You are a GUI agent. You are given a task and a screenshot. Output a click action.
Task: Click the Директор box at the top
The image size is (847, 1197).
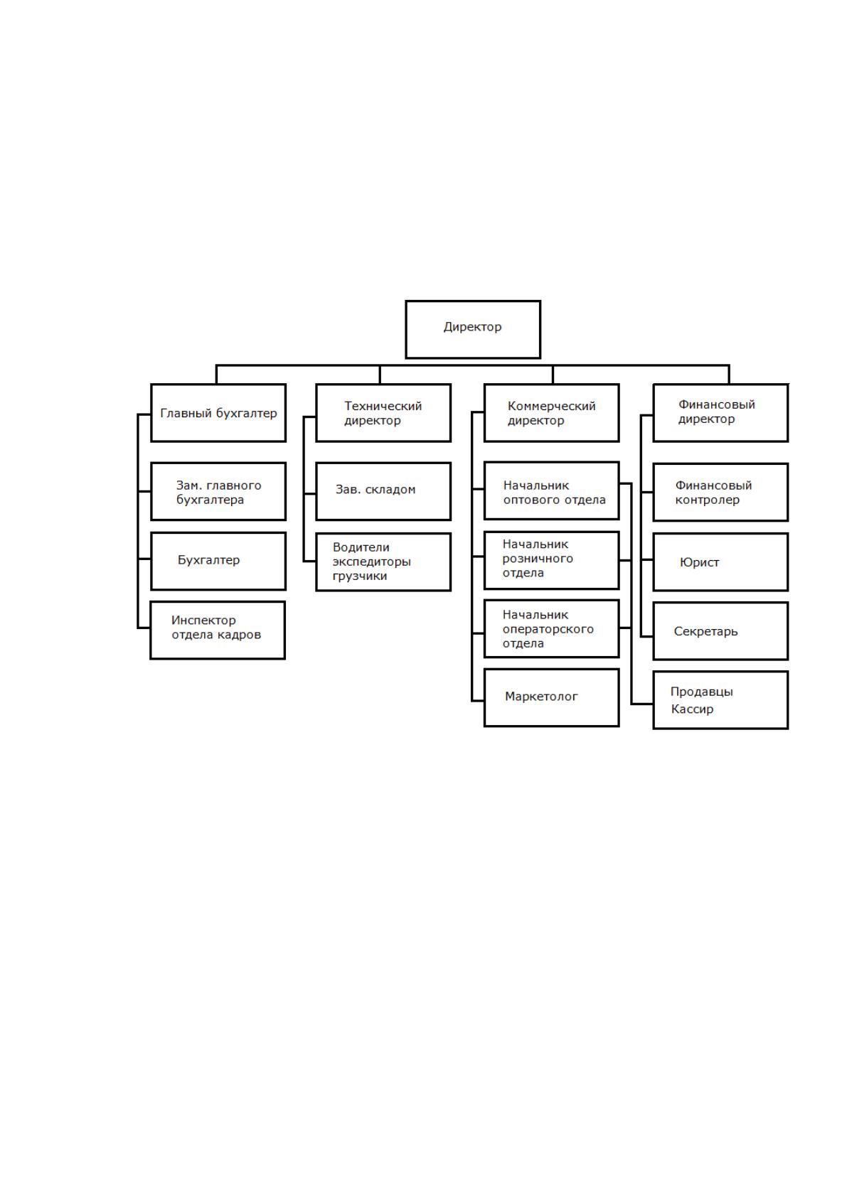473,329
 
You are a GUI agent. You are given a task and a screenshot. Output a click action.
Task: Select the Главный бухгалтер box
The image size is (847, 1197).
218,412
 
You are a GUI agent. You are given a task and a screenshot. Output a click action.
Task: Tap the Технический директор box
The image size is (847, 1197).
383,412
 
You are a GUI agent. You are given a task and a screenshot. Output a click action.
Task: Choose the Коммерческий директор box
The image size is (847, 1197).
551,412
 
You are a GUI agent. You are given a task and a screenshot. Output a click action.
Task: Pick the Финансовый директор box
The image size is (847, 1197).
720,412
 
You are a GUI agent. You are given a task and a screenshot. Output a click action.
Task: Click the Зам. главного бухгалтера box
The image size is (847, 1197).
218,491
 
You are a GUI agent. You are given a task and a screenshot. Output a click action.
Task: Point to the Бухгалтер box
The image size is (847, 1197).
218,561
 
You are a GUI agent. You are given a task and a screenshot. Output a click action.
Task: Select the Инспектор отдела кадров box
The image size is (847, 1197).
218,630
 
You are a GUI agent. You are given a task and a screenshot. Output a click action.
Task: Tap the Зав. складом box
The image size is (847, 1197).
383,491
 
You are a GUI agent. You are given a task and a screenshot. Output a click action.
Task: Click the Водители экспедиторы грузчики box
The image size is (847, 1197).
383,562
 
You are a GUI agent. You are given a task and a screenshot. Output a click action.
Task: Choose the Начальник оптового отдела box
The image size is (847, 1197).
551,490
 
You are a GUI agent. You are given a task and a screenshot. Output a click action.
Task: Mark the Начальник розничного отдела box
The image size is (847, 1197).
551,561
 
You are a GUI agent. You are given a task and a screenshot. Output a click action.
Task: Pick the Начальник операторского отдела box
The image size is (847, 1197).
551,628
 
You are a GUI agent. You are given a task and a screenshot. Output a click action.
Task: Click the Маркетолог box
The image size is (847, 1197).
551,697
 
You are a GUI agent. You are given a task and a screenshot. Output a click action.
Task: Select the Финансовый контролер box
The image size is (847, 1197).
720,492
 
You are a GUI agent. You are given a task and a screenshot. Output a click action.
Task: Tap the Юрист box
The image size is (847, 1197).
720,562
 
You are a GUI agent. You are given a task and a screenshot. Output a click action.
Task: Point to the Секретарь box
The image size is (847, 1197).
720,631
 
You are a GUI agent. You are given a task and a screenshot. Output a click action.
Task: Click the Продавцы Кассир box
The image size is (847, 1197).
720,700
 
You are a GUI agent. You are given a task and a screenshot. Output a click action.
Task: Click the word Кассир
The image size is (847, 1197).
692,709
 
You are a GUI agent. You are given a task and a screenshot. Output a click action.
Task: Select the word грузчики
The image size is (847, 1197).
359,576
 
